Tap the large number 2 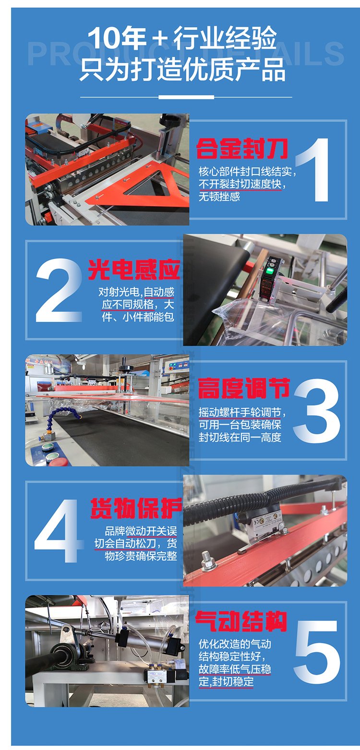tap(59, 290)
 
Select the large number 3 tap(317, 411)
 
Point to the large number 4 tap(59, 531)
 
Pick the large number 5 tap(317, 652)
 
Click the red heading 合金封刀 tap(242, 148)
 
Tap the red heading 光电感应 tap(134, 270)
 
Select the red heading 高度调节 tap(243, 388)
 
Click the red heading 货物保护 tap(136, 508)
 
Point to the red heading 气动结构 tap(241, 621)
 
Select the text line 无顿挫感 tap(219, 197)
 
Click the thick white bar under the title tap(186, 97)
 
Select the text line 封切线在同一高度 tap(240, 437)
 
